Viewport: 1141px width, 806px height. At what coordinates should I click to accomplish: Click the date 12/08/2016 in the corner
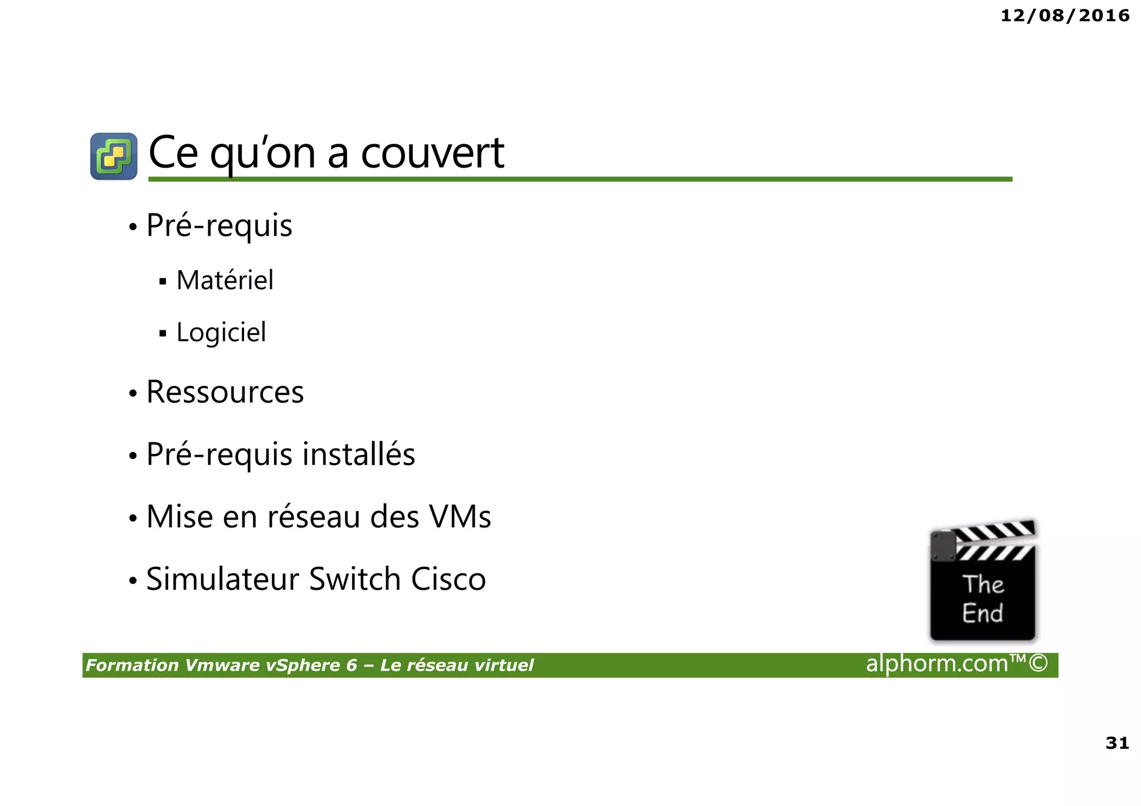point(1065,16)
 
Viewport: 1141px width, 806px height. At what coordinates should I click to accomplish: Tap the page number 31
point(1117,743)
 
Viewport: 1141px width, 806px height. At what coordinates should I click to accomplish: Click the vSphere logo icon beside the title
point(114,156)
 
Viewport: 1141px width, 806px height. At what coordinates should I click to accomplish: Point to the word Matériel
point(225,280)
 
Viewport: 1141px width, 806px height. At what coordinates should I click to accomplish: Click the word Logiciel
point(221,333)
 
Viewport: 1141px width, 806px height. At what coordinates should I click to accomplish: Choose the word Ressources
point(225,392)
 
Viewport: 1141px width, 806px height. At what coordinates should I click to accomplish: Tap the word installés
point(359,453)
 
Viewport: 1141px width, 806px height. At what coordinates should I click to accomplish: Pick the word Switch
point(355,579)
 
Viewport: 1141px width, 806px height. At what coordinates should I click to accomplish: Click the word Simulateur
point(223,579)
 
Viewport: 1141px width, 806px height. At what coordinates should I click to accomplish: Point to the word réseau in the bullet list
point(314,516)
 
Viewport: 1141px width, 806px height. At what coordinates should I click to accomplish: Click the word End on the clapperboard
point(982,613)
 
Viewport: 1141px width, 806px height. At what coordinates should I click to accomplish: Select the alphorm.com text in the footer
point(937,663)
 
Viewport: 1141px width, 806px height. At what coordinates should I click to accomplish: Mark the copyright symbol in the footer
point(1038,663)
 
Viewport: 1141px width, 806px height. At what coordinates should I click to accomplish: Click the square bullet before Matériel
point(163,281)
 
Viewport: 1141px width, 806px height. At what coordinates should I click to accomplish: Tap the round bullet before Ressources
point(133,394)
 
